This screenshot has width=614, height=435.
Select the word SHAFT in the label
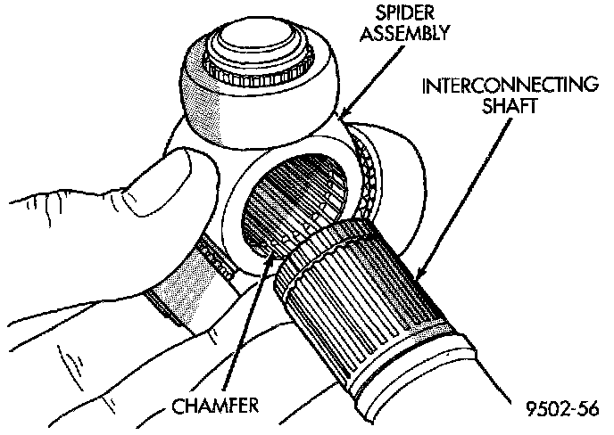pyautogui.click(x=507, y=107)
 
